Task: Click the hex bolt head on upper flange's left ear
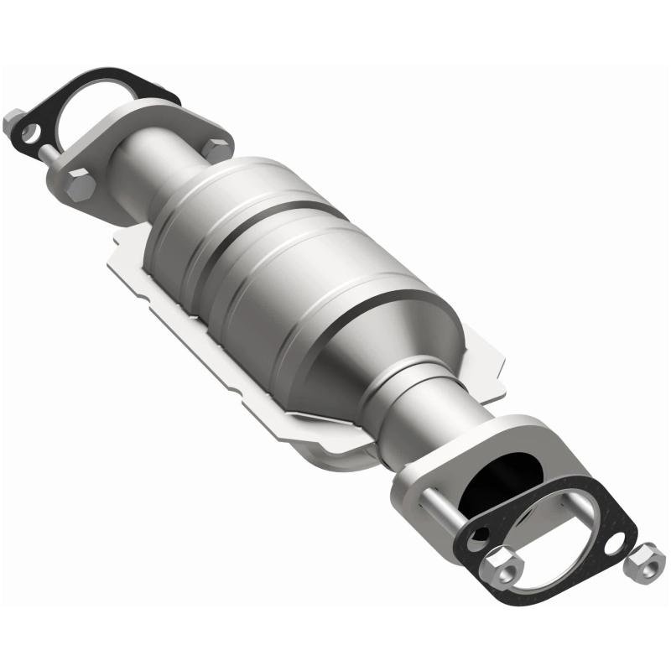[81, 185]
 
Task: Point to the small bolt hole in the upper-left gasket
[33, 132]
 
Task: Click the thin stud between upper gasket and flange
[52, 149]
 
